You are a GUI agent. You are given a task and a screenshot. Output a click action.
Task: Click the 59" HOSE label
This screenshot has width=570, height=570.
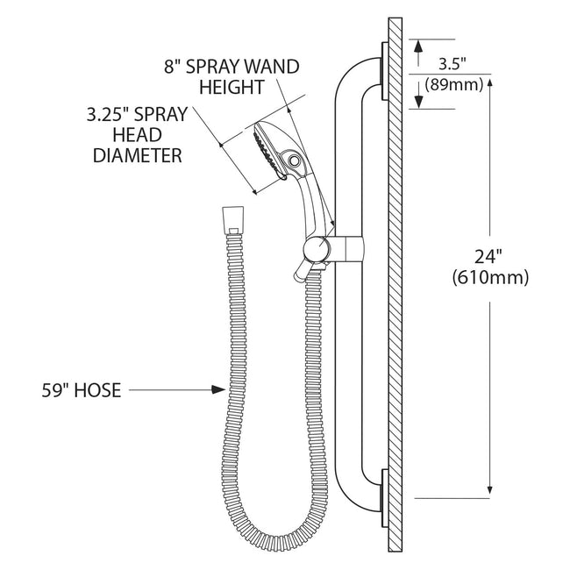tap(82, 390)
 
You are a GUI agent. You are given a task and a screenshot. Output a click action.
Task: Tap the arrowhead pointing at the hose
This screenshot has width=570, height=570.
tap(219, 389)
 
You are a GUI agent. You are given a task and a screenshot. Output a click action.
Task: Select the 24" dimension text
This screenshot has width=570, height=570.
tap(488, 257)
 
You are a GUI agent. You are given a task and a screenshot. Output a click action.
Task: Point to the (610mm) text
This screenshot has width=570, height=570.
tap(490, 278)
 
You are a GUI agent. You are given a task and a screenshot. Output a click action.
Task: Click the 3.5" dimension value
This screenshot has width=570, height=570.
tap(452, 64)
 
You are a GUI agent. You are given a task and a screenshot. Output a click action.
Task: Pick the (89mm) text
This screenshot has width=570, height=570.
tap(454, 85)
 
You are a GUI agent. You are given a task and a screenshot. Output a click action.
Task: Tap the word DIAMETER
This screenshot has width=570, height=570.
tap(138, 155)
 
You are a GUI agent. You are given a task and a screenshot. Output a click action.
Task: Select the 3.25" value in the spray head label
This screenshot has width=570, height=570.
tap(108, 115)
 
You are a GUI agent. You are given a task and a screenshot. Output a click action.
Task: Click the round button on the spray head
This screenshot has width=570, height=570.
tap(293, 160)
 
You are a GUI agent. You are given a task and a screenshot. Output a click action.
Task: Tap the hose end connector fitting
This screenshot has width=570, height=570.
tap(232, 220)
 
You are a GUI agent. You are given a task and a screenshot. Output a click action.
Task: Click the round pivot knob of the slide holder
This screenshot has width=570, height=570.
tap(317, 249)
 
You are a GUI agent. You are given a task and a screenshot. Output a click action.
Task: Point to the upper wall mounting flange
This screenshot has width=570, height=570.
tap(385, 70)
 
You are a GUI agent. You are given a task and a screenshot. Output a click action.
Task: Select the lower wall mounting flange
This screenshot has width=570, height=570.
tap(385, 498)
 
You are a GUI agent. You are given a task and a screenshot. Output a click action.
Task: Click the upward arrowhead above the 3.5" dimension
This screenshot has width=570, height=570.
tap(418, 46)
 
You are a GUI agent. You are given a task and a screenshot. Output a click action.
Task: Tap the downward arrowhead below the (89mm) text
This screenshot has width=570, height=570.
tap(418, 101)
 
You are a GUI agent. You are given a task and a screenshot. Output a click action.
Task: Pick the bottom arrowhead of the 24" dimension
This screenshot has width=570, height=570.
tap(489, 491)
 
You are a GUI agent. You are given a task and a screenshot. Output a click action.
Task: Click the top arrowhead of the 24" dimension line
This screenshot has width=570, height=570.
tap(489, 82)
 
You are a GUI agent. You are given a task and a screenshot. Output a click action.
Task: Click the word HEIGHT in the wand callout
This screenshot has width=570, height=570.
tap(232, 87)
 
